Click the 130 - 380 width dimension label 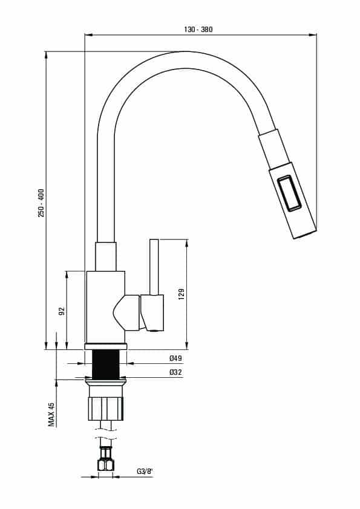pyautogui.click(x=198, y=29)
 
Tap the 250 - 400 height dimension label pyautogui.click(x=41, y=203)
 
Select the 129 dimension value pyautogui.click(x=182, y=294)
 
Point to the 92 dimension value pyautogui.click(x=62, y=311)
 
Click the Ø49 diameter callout pyautogui.click(x=175, y=358)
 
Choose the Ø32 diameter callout pyautogui.click(x=175, y=372)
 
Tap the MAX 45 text pyautogui.click(x=51, y=414)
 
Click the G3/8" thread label pyautogui.click(x=145, y=472)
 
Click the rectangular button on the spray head pyautogui.click(x=290, y=193)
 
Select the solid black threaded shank pyautogui.click(x=106, y=365)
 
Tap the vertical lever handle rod pyautogui.click(x=154, y=267)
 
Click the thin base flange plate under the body pyautogui.click(x=106, y=346)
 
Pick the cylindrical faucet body pyautogui.click(x=106, y=306)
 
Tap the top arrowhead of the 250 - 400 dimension pyautogui.click(x=46, y=55)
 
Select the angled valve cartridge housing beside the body pyautogui.click(x=126, y=313)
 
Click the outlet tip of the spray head pyautogui.click(x=305, y=235)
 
